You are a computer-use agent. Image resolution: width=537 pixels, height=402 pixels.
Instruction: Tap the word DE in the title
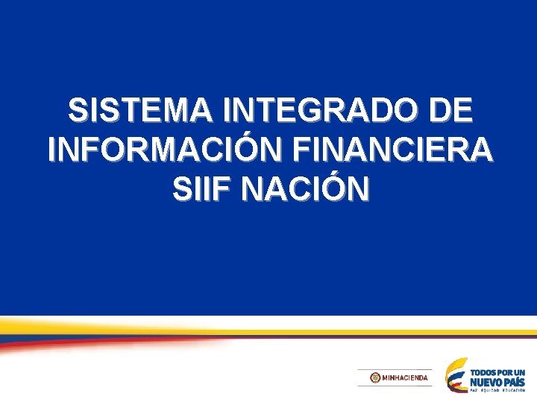[x=450, y=112]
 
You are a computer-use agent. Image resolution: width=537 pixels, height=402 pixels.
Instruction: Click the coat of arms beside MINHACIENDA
[x=374, y=378]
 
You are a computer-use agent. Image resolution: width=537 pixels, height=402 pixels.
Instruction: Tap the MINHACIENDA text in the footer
[x=405, y=378]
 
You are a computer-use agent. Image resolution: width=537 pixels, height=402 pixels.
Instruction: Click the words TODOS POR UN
[x=498, y=372]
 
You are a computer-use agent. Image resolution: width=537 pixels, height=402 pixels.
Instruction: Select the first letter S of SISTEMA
[x=76, y=112]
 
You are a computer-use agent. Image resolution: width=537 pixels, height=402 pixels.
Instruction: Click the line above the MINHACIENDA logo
[x=395, y=369]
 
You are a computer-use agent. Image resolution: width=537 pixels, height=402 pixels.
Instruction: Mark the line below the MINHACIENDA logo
[x=395, y=386]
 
